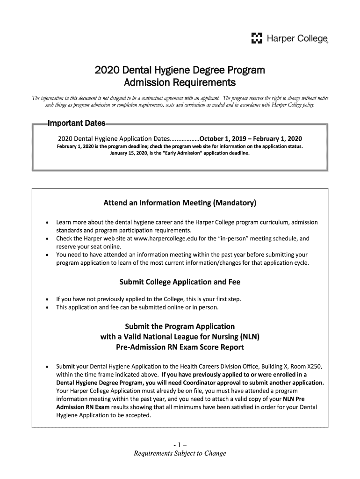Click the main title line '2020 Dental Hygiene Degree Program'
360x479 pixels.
(x=180, y=71)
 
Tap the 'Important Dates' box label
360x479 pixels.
(x=77, y=124)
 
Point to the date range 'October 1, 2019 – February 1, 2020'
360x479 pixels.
(x=251, y=139)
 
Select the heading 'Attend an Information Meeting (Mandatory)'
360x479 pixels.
(x=180, y=203)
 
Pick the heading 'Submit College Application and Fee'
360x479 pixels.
(x=180, y=282)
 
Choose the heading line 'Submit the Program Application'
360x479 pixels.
(x=180, y=326)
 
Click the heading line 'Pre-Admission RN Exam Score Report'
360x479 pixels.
(x=180, y=348)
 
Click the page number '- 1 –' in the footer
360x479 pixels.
(x=180, y=444)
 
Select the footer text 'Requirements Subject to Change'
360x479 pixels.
(x=180, y=453)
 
